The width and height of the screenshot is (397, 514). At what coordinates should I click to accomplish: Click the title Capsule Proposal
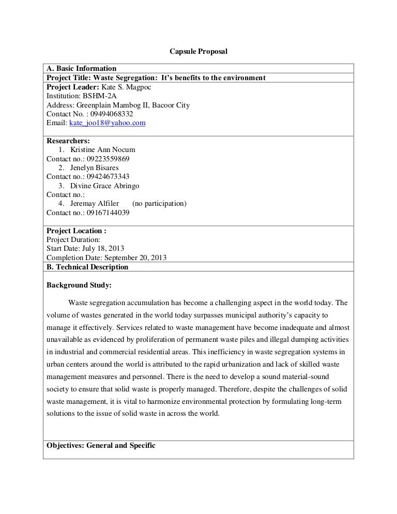pyautogui.click(x=198, y=52)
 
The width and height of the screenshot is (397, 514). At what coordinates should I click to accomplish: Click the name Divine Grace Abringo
pyautogui.click(x=104, y=186)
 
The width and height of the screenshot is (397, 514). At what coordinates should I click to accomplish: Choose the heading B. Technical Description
pyautogui.click(x=87, y=267)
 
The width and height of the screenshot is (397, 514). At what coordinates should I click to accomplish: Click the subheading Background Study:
pyautogui.click(x=79, y=285)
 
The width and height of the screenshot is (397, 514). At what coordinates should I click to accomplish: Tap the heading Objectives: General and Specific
pyautogui.click(x=101, y=445)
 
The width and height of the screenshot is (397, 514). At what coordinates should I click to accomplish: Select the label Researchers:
pyautogui.click(x=68, y=141)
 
